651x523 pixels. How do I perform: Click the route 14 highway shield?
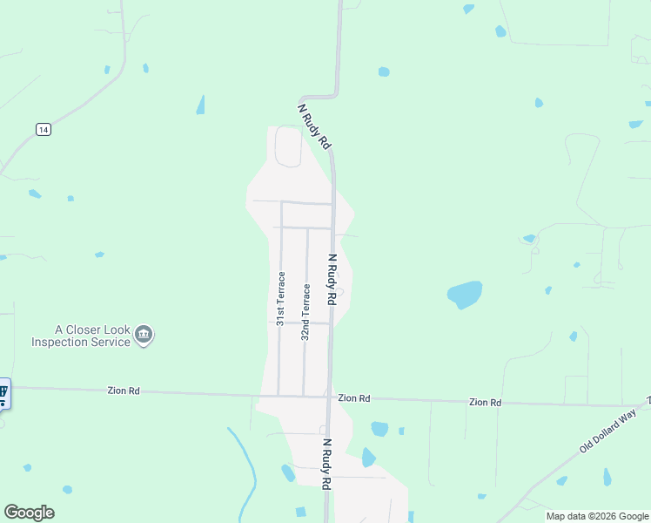43,129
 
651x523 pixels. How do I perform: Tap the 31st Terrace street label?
280,298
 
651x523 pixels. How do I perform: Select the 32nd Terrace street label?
305,310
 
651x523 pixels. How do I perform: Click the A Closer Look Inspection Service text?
80,336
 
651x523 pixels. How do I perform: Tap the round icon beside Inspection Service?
144,335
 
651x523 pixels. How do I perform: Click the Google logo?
29,513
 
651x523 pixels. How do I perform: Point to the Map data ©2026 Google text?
596,516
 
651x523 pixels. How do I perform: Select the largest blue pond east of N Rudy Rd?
465,294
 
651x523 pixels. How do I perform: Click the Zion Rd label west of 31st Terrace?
123,391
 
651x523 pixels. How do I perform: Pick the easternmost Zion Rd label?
485,402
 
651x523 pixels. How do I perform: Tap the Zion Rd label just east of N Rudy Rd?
354,397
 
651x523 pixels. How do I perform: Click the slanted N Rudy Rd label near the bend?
315,126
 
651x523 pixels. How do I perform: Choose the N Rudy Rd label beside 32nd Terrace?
332,279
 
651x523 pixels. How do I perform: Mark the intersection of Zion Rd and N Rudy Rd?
329,397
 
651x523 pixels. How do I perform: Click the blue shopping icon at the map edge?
3,394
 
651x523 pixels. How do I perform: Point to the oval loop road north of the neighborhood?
289,146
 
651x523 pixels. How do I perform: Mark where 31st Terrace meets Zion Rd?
279,396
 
